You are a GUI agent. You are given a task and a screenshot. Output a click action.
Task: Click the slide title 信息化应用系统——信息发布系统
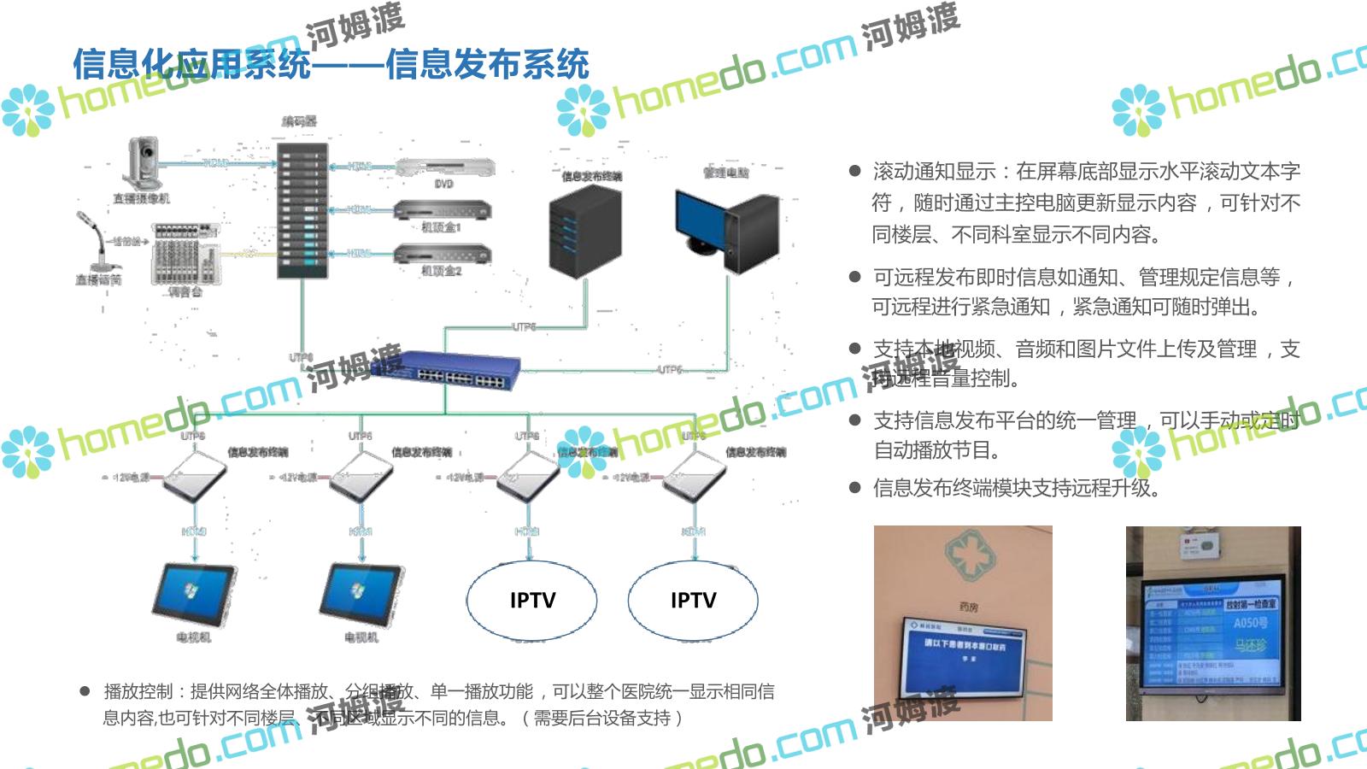pos(331,65)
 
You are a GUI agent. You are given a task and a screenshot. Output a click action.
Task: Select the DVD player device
pos(444,167)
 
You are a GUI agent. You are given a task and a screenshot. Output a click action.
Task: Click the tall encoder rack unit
pos(302,209)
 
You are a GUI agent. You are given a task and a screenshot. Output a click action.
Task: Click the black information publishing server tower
pos(584,231)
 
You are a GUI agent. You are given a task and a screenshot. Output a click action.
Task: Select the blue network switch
pos(462,370)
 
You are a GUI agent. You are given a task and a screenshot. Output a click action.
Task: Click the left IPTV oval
pos(531,601)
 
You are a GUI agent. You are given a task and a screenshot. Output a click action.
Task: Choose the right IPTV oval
pos(693,601)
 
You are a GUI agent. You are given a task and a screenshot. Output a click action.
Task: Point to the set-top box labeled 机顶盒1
pos(442,209)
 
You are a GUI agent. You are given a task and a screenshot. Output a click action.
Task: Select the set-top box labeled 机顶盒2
pos(442,254)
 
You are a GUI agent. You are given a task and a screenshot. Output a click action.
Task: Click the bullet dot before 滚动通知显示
pos(854,171)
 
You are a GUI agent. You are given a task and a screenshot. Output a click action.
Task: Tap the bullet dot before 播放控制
pos(85,691)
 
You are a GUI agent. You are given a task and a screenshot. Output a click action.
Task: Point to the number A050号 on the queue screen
pos(1250,624)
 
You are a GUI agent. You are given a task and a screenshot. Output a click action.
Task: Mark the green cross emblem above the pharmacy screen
pos(970,555)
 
